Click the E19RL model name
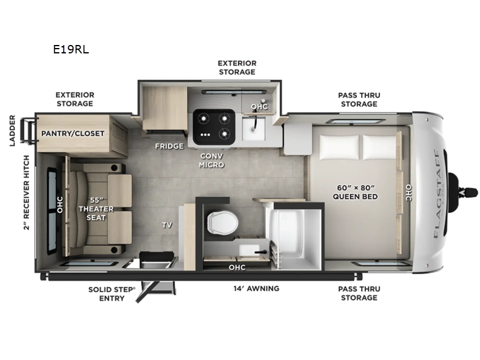(71, 50)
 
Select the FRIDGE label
(169, 146)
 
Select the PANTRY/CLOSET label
(73, 133)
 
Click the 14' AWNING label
(256, 289)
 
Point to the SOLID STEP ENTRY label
(112, 293)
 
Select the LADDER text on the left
(12, 130)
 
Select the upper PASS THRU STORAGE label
(359, 100)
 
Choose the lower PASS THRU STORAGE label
(359, 293)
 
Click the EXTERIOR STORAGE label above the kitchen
(237, 67)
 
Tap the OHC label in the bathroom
(236, 267)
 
